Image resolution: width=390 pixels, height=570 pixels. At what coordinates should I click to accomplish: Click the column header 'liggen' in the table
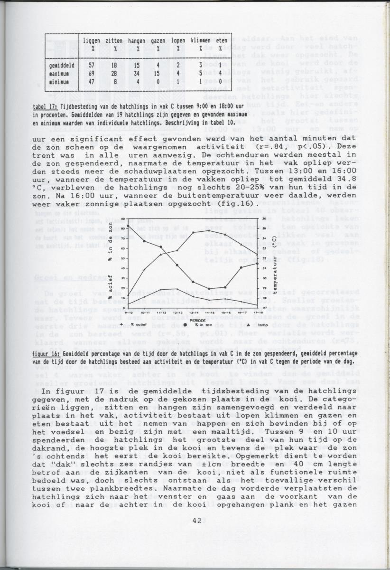tap(92, 41)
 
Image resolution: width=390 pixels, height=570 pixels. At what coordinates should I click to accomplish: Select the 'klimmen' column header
tap(201, 41)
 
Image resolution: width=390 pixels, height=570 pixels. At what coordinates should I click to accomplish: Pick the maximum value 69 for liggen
tap(92, 74)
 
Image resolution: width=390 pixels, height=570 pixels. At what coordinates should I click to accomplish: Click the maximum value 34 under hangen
tap(136, 74)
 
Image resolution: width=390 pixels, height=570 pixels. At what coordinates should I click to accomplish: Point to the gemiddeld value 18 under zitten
tap(114, 65)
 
